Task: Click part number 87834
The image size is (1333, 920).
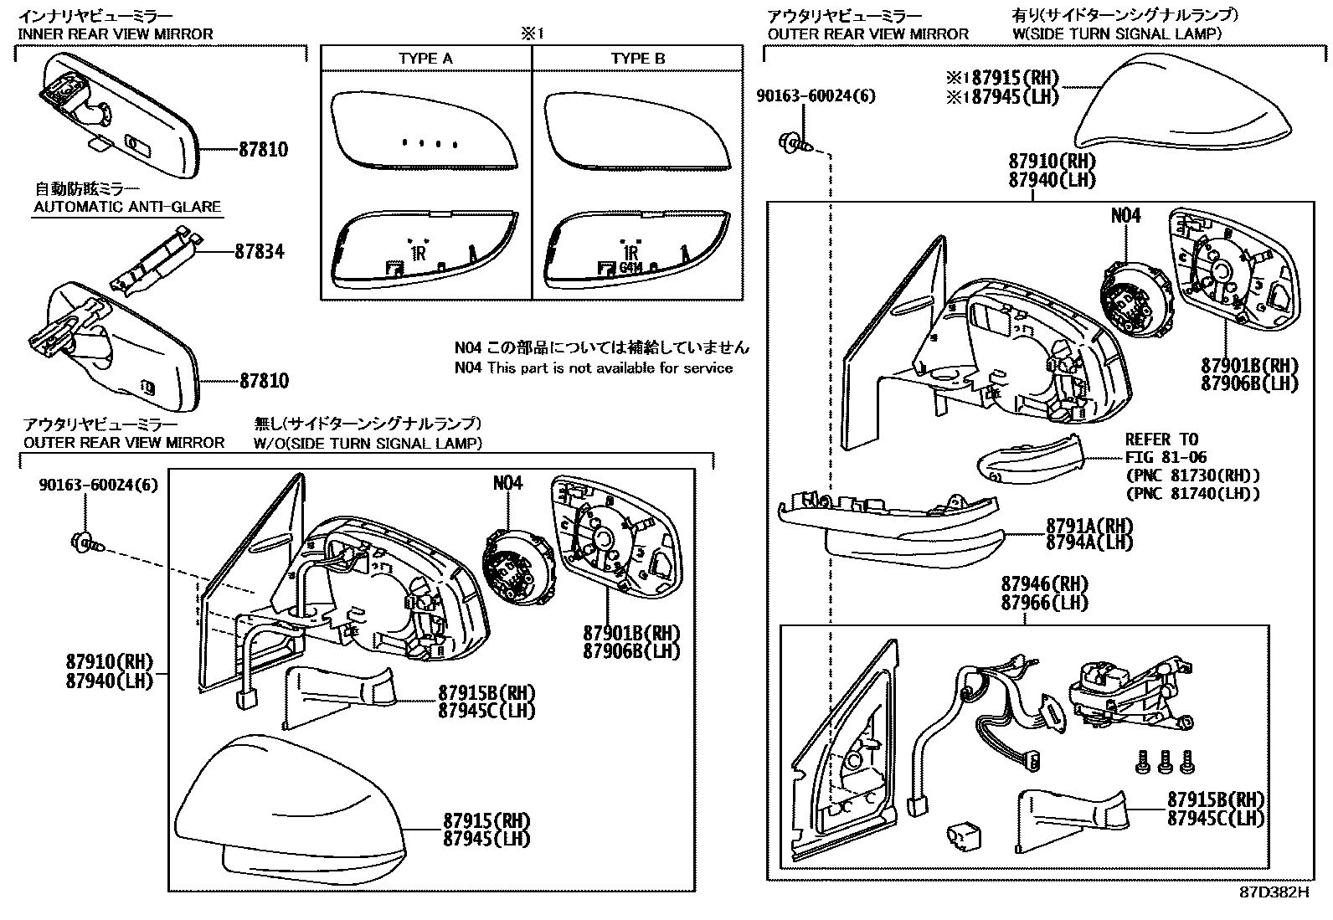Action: pos(259,251)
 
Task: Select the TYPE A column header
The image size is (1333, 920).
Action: pos(425,59)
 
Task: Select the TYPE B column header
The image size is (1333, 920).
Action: pos(637,59)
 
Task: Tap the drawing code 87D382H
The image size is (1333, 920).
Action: pos(1273,892)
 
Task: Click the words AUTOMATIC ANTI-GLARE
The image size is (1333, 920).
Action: pos(126,207)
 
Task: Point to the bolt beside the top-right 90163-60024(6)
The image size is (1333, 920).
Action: pos(792,144)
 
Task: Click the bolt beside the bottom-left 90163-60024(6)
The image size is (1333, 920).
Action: pos(86,542)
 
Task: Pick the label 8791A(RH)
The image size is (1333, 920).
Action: pos(1089,526)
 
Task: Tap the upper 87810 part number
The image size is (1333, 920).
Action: pos(263,150)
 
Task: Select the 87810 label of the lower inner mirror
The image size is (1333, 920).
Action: pos(264,381)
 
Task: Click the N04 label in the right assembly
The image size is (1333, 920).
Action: pos(1125,216)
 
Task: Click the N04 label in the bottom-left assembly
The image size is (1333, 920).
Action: pos(507,484)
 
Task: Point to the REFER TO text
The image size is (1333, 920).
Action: pos(1161,439)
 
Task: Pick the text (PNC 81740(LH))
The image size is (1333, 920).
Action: pos(1192,494)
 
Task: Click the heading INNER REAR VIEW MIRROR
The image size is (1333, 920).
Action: pos(116,34)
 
